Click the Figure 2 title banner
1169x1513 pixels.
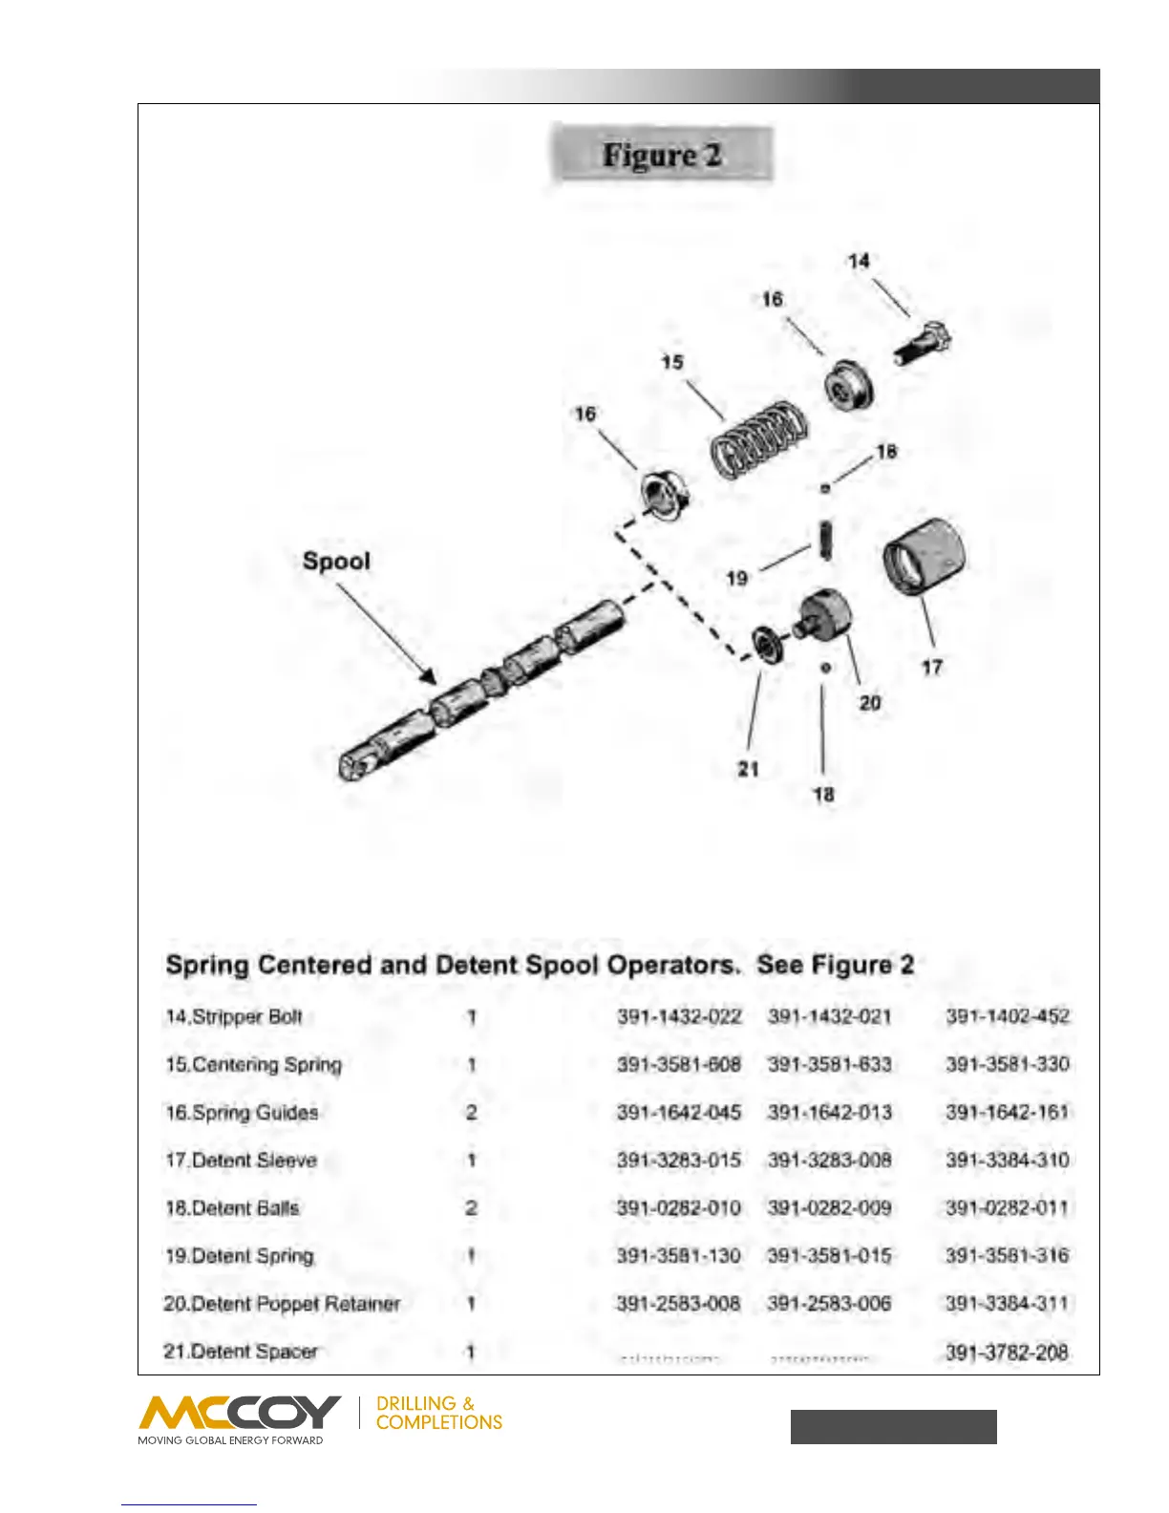[x=661, y=154]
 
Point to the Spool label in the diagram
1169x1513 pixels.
[x=336, y=561]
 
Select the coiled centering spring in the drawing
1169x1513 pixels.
[x=758, y=437]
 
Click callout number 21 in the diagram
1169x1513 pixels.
[x=748, y=769]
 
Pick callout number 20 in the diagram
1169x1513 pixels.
[x=870, y=703]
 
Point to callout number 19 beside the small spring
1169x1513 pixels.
[x=736, y=578]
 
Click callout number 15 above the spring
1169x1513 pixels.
[x=672, y=362]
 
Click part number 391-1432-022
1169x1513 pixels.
[x=679, y=1016]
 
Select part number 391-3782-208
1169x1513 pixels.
[x=1007, y=1352]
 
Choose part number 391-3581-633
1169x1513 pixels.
[x=829, y=1064]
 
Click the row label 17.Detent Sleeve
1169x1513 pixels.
[x=241, y=1161]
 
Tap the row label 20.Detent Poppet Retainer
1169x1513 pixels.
[x=282, y=1304]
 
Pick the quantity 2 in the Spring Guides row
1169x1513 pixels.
[x=471, y=1113]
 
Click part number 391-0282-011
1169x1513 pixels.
[x=1007, y=1208]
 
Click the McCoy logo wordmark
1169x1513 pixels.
[x=240, y=1413]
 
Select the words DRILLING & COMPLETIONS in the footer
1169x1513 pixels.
[x=438, y=1413]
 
